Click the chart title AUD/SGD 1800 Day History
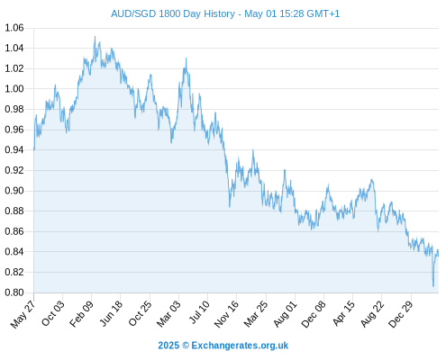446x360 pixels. (173, 13)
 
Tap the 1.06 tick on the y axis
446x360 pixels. (14, 28)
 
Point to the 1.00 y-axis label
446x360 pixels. (14, 89)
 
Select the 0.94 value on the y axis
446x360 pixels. (14, 150)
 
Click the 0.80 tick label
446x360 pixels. (14, 292)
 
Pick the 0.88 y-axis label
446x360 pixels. (14, 211)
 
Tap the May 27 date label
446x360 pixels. (23, 314)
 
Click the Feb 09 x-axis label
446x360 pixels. (81, 314)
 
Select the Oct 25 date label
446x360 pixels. (140, 314)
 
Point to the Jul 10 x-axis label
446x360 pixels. (199, 312)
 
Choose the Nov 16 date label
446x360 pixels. (226, 314)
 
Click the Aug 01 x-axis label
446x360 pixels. (286, 314)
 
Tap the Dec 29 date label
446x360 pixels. (401, 314)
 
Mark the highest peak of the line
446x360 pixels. (95, 37)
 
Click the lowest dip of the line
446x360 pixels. (433, 286)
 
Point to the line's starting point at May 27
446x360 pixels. (34, 149)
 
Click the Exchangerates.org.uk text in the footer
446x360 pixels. (240, 346)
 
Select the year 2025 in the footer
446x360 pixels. (168, 346)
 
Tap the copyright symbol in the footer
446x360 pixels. (186, 346)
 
